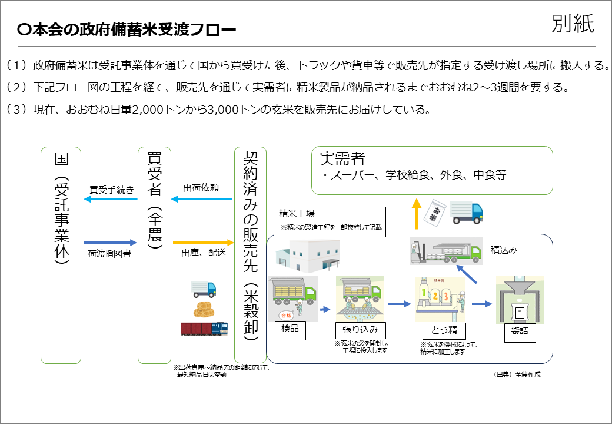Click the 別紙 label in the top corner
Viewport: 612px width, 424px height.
point(573,23)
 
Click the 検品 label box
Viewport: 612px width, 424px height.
point(291,329)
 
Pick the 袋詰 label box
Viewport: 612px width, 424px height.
point(520,331)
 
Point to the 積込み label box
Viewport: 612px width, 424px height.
point(504,250)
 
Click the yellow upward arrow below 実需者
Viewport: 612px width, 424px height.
point(416,213)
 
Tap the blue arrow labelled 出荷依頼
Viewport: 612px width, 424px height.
point(201,199)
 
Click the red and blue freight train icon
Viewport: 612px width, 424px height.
point(204,327)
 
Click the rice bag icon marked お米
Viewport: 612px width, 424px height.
point(433,210)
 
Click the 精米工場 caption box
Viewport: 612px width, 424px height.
point(330,221)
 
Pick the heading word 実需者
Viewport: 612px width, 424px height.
point(342,158)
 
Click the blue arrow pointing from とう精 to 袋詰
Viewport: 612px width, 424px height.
point(481,304)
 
